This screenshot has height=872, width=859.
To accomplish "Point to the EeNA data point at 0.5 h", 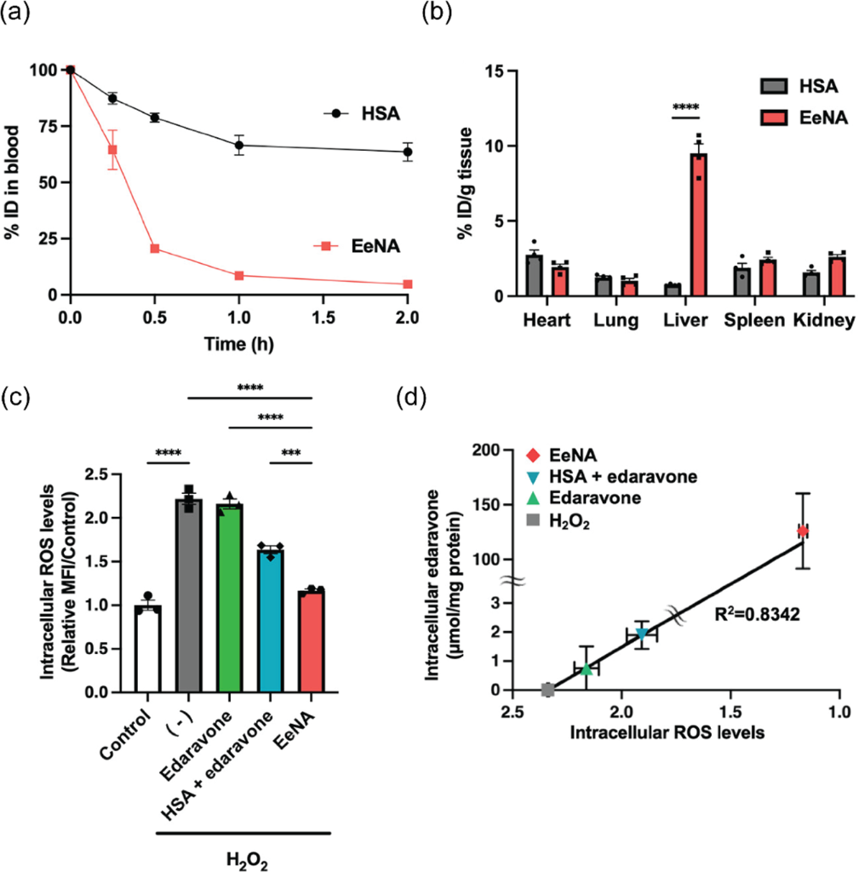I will coord(155,249).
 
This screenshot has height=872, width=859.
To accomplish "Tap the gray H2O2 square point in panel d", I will coord(547,689).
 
